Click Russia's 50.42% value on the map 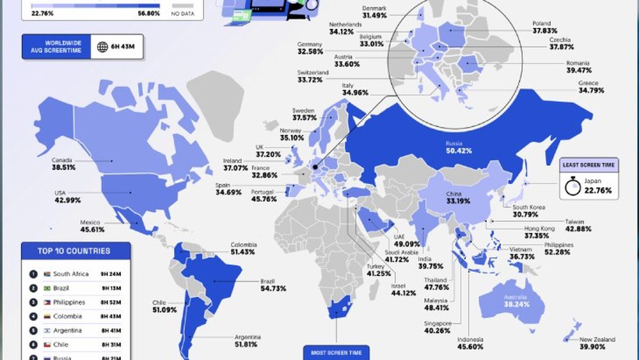click(x=458, y=151)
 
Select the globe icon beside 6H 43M click(x=102, y=47)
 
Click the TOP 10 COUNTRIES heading click(x=74, y=251)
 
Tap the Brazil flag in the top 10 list click(x=47, y=288)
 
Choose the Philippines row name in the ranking click(x=69, y=302)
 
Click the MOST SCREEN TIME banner click(x=336, y=352)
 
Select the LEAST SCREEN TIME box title click(x=589, y=165)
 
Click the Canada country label click(x=62, y=160)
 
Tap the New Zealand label click(x=597, y=339)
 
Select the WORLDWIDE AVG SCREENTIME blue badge click(x=55, y=46)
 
